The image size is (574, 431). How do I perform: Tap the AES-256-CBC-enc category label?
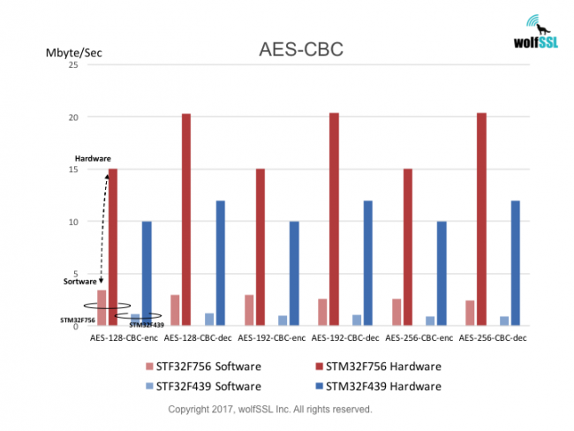tap(419, 337)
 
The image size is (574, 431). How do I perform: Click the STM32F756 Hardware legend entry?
tap(374, 366)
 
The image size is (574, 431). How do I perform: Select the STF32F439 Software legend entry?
tap(207, 386)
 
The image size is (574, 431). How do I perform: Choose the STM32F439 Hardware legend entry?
tap(374, 386)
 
